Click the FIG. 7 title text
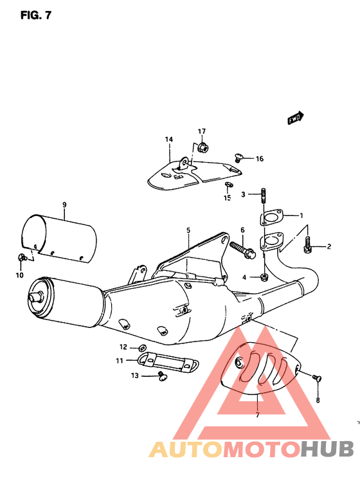point(35,15)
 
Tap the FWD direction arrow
point(295,118)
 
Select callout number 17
point(201,131)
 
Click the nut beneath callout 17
point(201,147)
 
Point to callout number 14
point(169,140)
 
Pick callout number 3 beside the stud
point(244,194)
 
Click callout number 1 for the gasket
point(301,215)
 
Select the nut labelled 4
point(264,277)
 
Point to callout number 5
point(188,229)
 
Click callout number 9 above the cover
point(64,205)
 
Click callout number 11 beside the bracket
point(120,361)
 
